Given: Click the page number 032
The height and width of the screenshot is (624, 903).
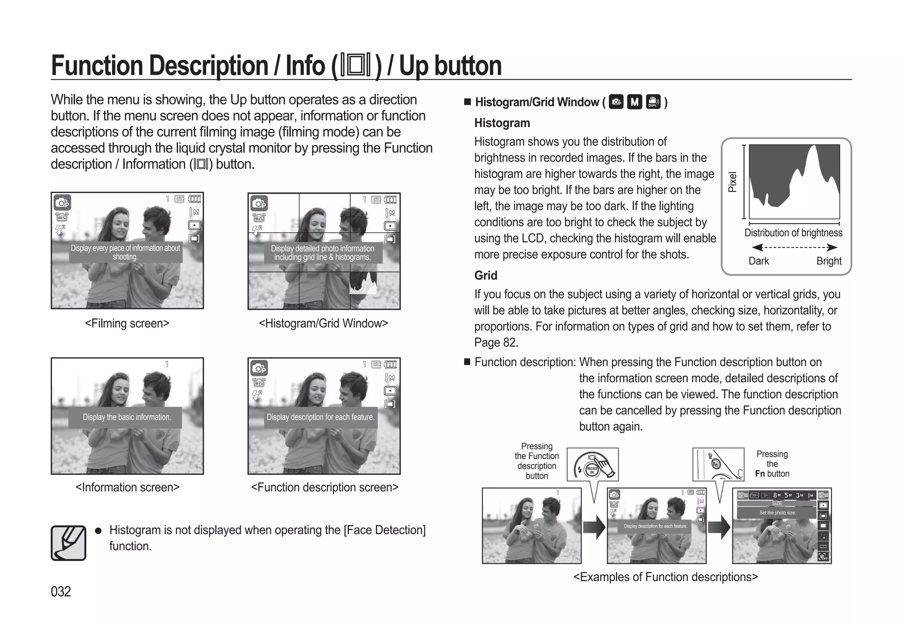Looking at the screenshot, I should (x=61, y=591).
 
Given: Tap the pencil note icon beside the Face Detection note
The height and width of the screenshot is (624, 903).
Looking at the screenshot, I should (x=68, y=543).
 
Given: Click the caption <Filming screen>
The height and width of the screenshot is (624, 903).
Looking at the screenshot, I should (x=127, y=323).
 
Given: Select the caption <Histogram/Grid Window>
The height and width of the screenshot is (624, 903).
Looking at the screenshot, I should (x=323, y=323).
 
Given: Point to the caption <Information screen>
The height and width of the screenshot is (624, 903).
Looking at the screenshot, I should (x=127, y=487).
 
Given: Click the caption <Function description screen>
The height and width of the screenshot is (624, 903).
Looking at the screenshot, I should (x=325, y=487).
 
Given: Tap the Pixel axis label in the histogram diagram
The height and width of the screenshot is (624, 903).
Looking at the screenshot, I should (x=732, y=182).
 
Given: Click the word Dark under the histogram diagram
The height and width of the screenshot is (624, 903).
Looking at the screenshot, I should (x=758, y=261).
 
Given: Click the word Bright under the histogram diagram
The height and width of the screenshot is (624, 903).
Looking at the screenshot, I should (x=829, y=261).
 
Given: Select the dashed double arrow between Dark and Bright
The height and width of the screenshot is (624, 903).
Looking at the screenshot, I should (x=794, y=247).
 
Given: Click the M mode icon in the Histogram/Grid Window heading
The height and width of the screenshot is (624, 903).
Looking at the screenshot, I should (x=634, y=102).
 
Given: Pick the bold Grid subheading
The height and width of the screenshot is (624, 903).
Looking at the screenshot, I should (x=485, y=276).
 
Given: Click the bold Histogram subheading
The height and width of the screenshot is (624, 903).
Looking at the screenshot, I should (x=502, y=123).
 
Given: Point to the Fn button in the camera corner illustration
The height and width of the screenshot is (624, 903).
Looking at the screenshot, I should (x=716, y=464).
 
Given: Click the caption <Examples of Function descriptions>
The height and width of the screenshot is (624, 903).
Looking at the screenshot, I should (x=665, y=577).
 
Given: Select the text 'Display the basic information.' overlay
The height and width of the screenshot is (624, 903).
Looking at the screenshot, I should (x=127, y=417).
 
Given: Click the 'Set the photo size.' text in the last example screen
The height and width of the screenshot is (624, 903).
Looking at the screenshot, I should (x=777, y=513).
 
